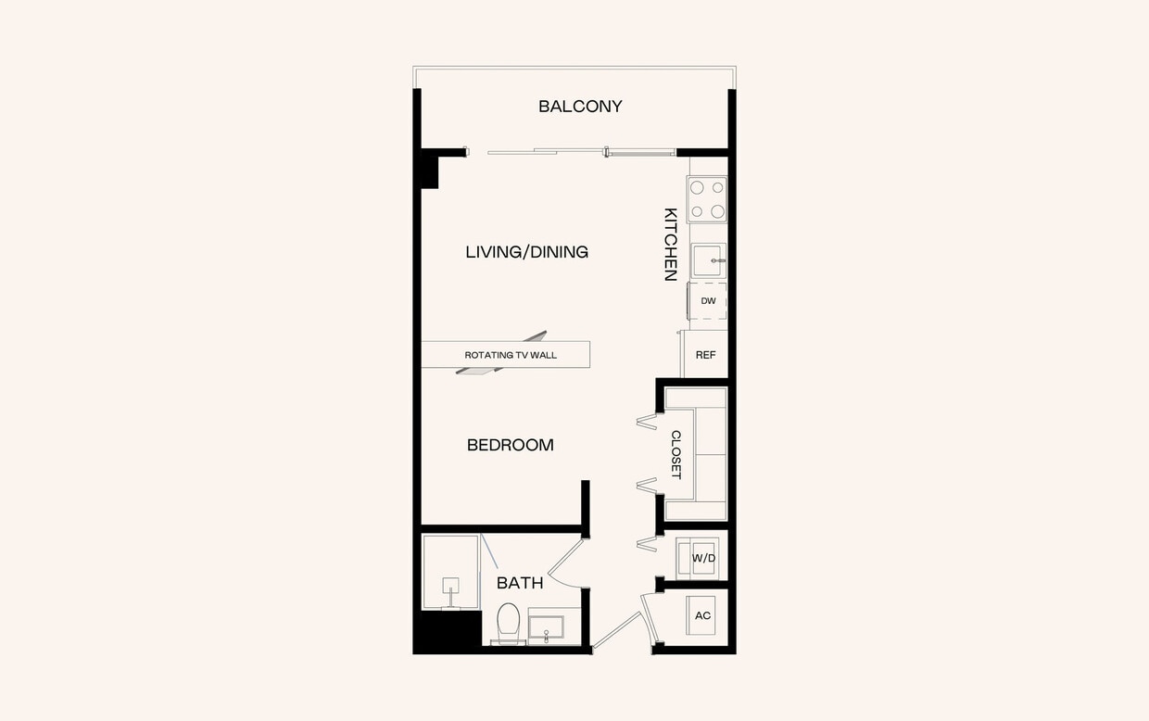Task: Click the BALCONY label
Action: click(580, 107)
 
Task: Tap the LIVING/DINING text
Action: click(526, 252)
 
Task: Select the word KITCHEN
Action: click(671, 245)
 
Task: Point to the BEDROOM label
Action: click(510, 446)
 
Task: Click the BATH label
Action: click(520, 584)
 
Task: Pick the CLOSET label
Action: click(676, 454)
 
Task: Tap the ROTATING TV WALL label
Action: click(511, 355)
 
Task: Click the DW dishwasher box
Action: click(708, 302)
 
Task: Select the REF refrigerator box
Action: click(705, 355)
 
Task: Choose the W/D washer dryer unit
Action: click(703, 558)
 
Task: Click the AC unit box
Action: click(702, 615)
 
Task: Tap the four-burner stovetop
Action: click(707, 199)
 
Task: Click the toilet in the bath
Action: click(508, 622)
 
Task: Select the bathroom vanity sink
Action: click(552, 627)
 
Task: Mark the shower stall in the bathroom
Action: click(451, 571)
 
